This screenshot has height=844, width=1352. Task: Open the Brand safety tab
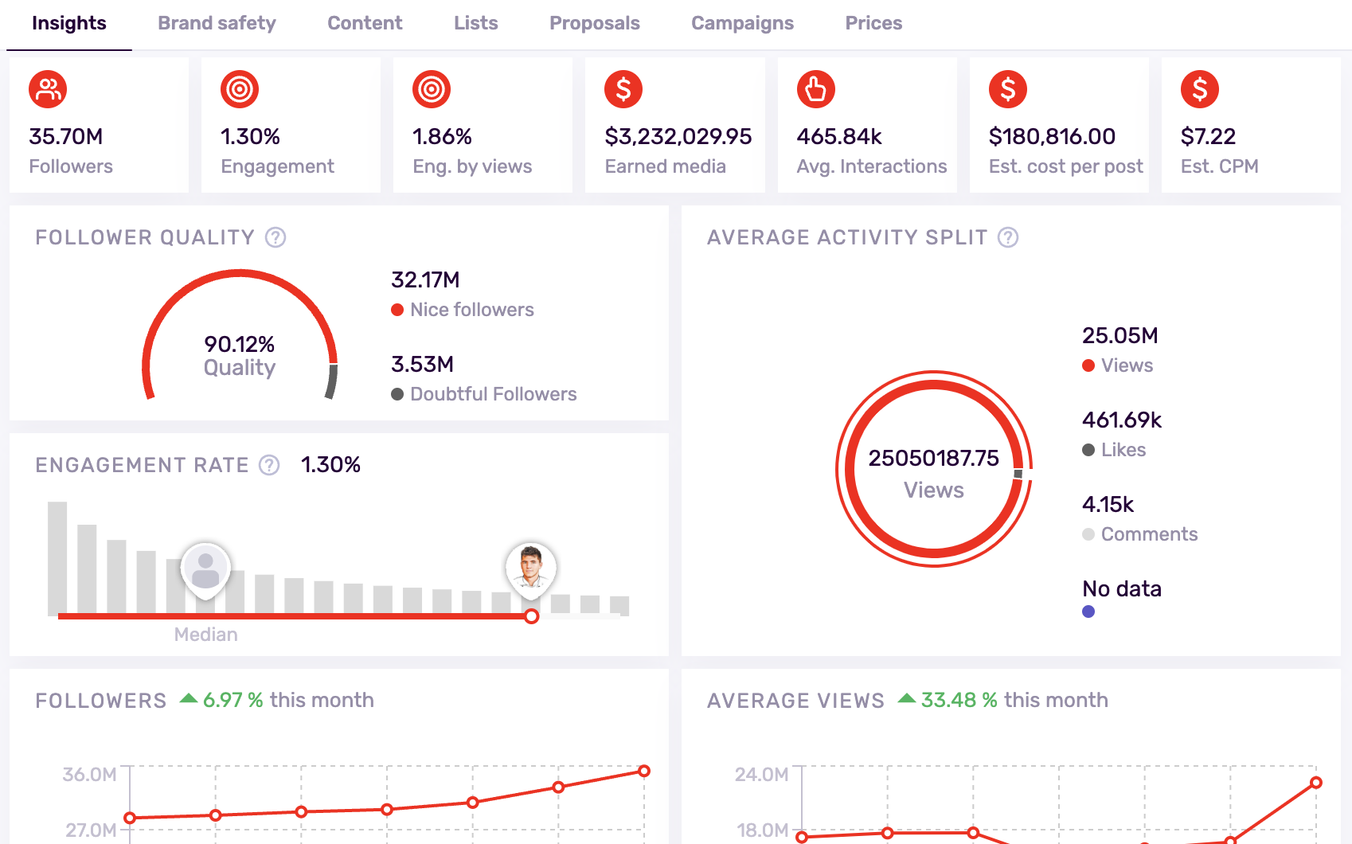pyautogui.click(x=217, y=23)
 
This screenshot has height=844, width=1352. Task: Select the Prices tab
pyautogui.click(x=873, y=23)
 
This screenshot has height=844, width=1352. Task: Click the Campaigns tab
pyautogui.click(x=741, y=23)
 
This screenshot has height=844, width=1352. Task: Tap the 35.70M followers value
pyautogui.click(x=66, y=136)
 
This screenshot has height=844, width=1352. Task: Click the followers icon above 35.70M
pyautogui.click(x=48, y=89)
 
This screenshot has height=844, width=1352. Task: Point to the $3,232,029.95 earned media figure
pyautogui.click(x=678, y=136)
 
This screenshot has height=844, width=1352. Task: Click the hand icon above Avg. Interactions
pyautogui.click(x=815, y=89)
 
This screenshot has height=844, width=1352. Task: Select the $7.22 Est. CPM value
pyautogui.click(x=1207, y=136)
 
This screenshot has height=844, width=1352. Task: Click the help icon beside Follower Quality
pyautogui.click(x=275, y=237)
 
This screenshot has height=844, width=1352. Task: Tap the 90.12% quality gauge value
pyautogui.click(x=239, y=344)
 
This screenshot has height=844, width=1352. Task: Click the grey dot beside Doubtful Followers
pyautogui.click(x=397, y=394)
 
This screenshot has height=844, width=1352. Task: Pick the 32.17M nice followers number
pyautogui.click(x=425, y=279)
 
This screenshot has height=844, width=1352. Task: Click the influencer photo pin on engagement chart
pyautogui.click(x=530, y=567)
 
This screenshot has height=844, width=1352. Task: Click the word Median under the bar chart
pyautogui.click(x=205, y=635)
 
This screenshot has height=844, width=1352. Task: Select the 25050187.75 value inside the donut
pyautogui.click(x=933, y=458)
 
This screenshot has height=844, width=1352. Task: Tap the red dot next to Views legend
pyautogui.click(x=1088, y=365)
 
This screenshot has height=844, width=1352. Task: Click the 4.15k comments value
pyautogui.click(x=1108, y=504)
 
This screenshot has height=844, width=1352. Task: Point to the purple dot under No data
pyautogui.click(x=1088, y=612)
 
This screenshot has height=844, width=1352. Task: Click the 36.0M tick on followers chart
pyautogui.click(x=90, y=775)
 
